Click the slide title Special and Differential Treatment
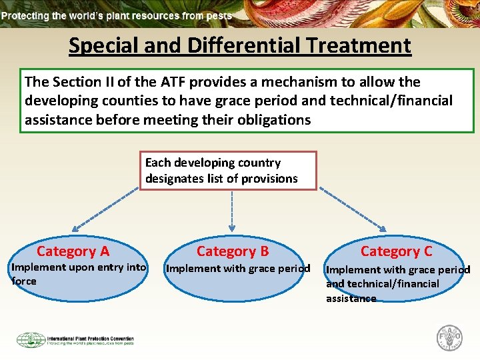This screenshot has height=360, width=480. (x=240, y=45)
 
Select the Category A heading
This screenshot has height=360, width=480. (x=73, y=251)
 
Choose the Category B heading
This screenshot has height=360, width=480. (x=233, y=251)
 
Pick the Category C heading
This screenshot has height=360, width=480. (x=396, y=251)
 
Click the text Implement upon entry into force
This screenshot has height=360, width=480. (x=79, y=274)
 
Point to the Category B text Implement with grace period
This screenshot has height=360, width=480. (x=238, y=269)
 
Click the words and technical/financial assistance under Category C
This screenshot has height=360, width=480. (x=382, y=291)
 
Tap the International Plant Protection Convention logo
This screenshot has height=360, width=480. (x=75, y=340)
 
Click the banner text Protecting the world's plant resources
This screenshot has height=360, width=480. (x=117, y=15)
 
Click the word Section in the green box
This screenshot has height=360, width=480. (x=73, y=82)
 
